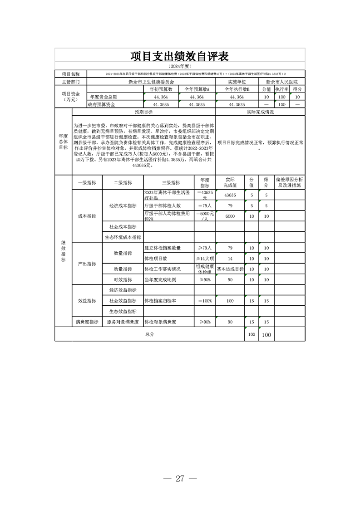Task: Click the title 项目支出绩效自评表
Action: (x=179, y=56)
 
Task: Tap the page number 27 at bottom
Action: (x=180, y=479)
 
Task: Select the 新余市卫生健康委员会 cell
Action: (x=151, y=82)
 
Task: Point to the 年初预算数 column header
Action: (x=160, y=90)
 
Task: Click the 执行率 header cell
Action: (x=282, y=90)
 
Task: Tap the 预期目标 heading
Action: (x=144, y=112)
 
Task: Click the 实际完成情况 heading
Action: (x=260, y=112)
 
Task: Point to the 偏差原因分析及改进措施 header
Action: (x=289, y=182)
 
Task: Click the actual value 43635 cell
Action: (x=230, y=195)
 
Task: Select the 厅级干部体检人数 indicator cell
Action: (x=162, y=206)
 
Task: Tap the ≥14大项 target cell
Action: (x=205, y=259)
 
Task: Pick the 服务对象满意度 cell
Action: (x=122, y=322)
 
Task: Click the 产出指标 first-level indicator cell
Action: (x=87, y=264)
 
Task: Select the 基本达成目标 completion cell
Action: (x=230, y=269)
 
